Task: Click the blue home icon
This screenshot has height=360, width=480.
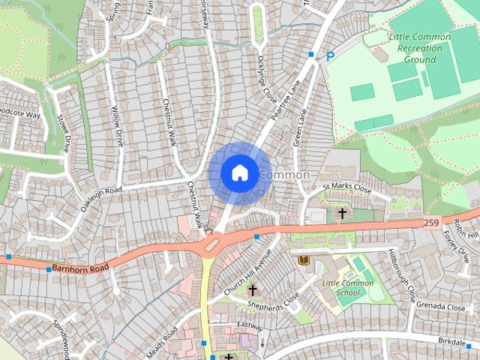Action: point(238,172)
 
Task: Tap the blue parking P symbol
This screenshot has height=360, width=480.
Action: point(330,56)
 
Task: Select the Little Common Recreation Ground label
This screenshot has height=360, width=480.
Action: point(420,48)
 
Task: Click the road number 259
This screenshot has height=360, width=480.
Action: point(431,223)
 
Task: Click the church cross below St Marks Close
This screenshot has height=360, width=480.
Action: point(342,214)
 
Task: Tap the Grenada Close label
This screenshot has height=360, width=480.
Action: point(441,307)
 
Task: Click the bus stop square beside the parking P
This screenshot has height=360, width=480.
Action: point(311,54)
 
